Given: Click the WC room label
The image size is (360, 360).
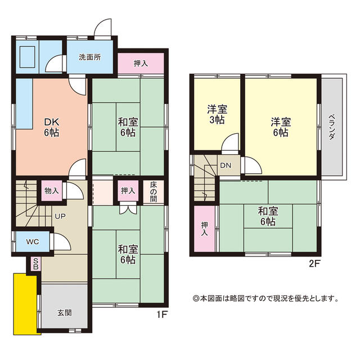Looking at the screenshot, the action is [x=33, y=241].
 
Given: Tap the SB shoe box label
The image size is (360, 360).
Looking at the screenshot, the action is [x=36, y=264].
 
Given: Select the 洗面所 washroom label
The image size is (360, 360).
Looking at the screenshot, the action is [x=90, y=57].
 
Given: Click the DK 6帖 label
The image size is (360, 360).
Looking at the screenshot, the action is [x=52, y=127].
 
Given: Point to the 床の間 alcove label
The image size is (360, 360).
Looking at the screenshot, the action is [x=154, y=192].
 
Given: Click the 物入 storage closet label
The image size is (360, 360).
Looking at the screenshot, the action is [x=52, y=191].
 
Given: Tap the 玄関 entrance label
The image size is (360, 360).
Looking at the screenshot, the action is [x=65, y=313].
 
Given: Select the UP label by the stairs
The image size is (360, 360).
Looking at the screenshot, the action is [x=60, y=216].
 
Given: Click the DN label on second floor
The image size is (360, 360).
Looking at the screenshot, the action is [x=226, y=165].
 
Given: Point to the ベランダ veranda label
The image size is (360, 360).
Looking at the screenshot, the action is [x=331, y=127].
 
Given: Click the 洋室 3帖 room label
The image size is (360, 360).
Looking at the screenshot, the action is [x=217, y=114].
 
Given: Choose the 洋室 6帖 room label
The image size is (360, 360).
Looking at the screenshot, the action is [x=281, y=127].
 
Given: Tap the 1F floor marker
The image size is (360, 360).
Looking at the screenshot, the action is [x=161, y=314].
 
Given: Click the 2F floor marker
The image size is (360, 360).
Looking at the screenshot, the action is [x=314, y=264].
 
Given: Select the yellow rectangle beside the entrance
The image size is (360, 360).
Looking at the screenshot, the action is [x=26, y=304].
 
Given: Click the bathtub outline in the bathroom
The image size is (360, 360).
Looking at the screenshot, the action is [x=28, y=57].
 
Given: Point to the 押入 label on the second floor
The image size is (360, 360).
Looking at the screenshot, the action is [x=204, y=229].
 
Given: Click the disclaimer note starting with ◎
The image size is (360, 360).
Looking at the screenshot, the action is [x=265, y=299].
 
